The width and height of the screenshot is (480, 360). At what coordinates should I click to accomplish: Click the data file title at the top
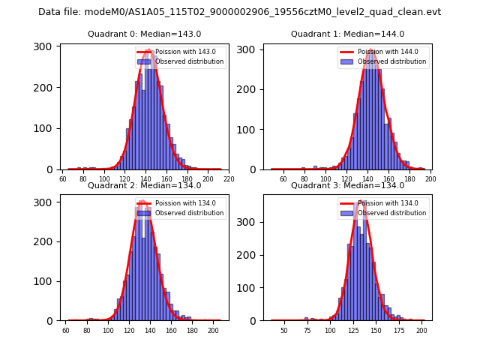click(x=240, y=12)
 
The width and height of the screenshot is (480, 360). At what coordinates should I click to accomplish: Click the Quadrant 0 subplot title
click(x=145, y=34)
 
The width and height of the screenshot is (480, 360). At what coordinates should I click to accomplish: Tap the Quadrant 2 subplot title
click(x=145, y=185)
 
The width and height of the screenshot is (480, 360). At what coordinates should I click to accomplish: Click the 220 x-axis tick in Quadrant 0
click(x=229, y=179)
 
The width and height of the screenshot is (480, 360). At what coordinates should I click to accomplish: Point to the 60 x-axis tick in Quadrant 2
click(x=66, y=330)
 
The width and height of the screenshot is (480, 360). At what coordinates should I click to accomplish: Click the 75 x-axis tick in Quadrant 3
click(x=307, y=330)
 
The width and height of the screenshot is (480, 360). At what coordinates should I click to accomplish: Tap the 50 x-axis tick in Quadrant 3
click(x=283, y=330)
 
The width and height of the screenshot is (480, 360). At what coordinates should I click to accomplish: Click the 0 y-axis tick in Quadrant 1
click(x=255, y=169)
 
